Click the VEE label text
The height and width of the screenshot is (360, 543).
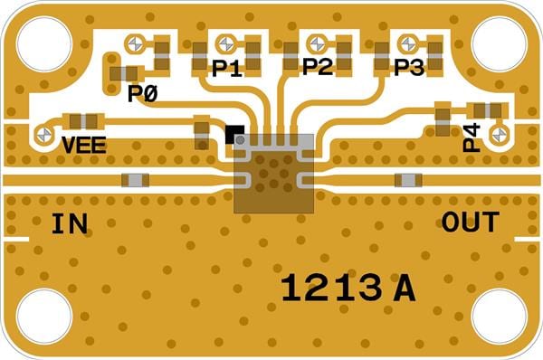(84, 145)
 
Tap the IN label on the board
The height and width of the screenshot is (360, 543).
(70, 224)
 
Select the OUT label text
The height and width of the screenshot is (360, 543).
(471, 222)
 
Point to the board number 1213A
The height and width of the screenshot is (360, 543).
(348, 288)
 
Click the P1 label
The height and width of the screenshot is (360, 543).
(227, 68)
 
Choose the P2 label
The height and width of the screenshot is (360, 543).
(318, 66)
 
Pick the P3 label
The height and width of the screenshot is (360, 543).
(409, 67)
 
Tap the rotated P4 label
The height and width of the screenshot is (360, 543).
(472, 137)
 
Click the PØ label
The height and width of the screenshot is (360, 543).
(143, 93)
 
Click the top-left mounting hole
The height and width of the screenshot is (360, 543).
(44, 44)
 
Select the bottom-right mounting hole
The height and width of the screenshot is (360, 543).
(499, 316)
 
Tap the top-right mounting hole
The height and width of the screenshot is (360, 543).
(499, 44)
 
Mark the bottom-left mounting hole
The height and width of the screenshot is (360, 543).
(44, 316)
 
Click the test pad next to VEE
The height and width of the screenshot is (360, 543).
(44, 134)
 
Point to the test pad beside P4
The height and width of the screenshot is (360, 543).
(500, 134)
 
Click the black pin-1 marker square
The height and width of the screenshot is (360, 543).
(234, 134)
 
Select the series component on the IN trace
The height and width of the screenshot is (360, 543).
(136, 180)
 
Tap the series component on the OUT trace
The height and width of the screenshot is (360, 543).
(409, 180)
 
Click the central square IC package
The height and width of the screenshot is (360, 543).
(273, 174)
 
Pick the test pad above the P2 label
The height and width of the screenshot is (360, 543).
(317, 44)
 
